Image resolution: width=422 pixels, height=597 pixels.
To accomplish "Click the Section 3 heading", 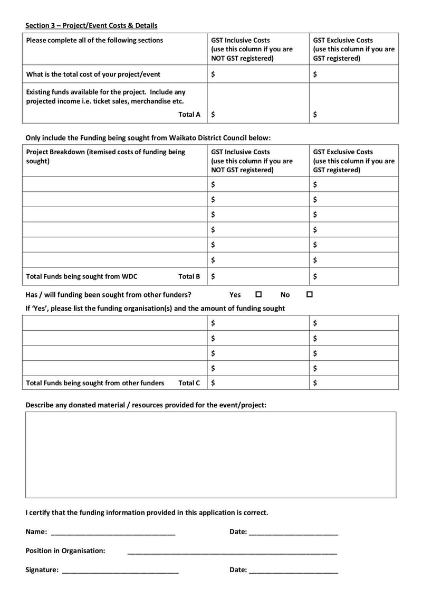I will (91, 25).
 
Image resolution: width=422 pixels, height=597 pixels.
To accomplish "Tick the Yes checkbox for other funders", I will (258, 294).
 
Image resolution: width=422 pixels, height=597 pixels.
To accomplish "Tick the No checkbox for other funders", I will (310, 294).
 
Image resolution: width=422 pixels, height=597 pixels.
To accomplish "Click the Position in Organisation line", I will (232, 552).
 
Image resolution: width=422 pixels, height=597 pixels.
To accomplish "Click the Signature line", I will (120, 571).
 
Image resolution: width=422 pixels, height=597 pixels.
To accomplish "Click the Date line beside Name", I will (293, 533).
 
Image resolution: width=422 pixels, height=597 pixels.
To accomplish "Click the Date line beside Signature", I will (293, 571).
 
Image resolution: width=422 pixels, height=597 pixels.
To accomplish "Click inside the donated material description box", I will (210, 454).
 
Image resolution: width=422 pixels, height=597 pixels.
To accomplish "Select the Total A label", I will (189, 114).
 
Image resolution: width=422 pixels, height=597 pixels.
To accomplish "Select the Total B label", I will (189, 276).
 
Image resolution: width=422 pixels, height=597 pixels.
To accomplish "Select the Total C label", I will (189, 383).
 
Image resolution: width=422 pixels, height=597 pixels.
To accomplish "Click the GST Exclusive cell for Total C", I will (353, 383).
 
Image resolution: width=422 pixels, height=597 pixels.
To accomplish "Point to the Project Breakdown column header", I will (105, 156).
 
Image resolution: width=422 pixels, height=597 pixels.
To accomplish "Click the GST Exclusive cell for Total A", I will (353, 114).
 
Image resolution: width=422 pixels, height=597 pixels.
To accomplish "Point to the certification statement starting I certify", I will (147, 512).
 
